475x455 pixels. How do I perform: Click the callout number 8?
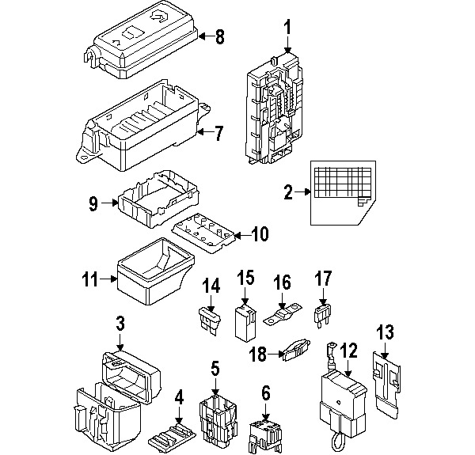point(220,36)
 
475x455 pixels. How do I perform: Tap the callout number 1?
point(287,28)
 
